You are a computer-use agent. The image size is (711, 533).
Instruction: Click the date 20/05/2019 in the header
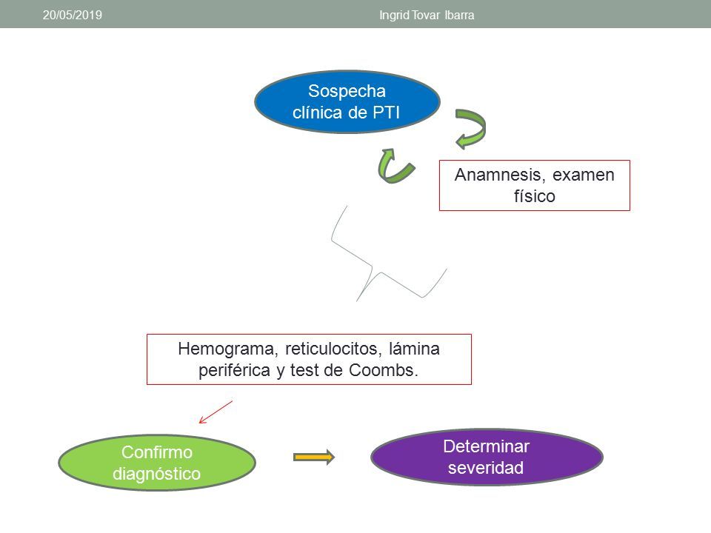pos(73,15)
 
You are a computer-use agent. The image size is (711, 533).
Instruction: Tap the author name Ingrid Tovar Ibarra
pos(427,16)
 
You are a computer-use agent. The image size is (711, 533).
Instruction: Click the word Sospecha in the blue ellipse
pos(347,91)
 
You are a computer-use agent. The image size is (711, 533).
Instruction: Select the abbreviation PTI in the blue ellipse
pos(387,113)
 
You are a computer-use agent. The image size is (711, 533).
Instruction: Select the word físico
pos(535,196)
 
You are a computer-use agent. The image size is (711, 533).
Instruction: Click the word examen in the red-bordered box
pos(584,175)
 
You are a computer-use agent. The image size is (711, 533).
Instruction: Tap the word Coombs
pos(383,370)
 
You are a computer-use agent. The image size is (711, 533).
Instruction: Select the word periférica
pos(234,371)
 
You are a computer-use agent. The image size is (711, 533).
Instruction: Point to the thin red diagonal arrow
pos(216,412)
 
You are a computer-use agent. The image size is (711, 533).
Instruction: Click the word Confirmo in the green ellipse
pos(157,452)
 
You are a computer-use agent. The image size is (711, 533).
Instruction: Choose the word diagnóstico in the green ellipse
pos(157,474)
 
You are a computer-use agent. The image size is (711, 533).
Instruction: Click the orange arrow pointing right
pos(314,457)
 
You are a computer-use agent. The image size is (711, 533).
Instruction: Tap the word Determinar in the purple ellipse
pos(486,446)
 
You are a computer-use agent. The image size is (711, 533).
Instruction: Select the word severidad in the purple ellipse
pos(486,468)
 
